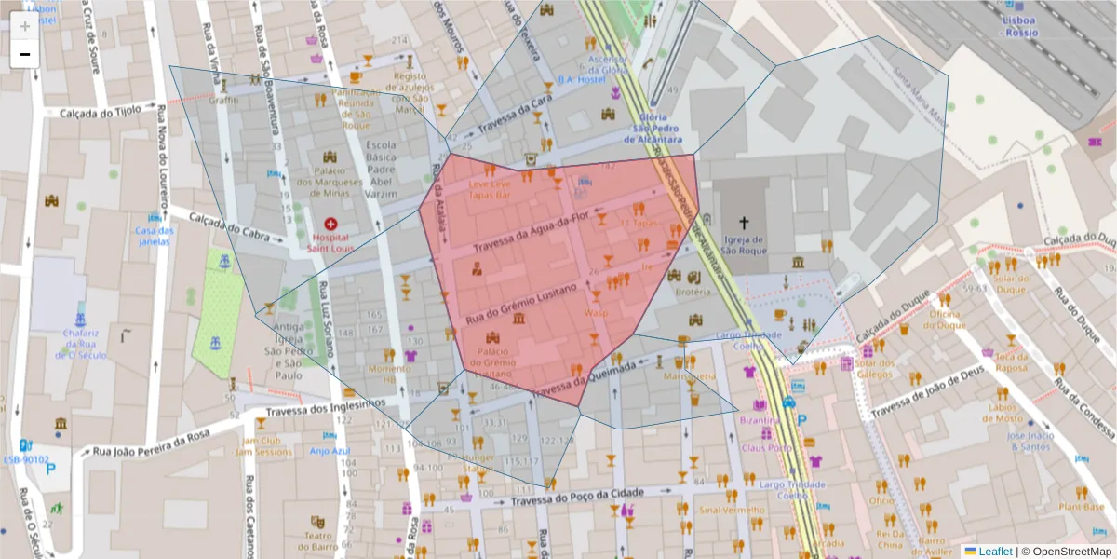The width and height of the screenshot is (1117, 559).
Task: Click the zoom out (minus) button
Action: point(25,54)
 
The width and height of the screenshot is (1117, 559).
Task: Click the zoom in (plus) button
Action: point(25,26)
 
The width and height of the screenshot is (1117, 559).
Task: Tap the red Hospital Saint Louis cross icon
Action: point(330,224)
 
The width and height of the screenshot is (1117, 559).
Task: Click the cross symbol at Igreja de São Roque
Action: point(743,223)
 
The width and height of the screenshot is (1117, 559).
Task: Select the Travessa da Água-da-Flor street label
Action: point(532,235)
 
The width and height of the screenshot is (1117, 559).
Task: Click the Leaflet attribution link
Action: point(995,551)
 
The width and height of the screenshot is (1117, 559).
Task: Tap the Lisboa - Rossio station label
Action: point(1020,25)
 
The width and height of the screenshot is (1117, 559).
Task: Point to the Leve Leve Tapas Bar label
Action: point(489,190)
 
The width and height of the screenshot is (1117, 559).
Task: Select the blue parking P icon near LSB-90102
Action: point(51,470)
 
